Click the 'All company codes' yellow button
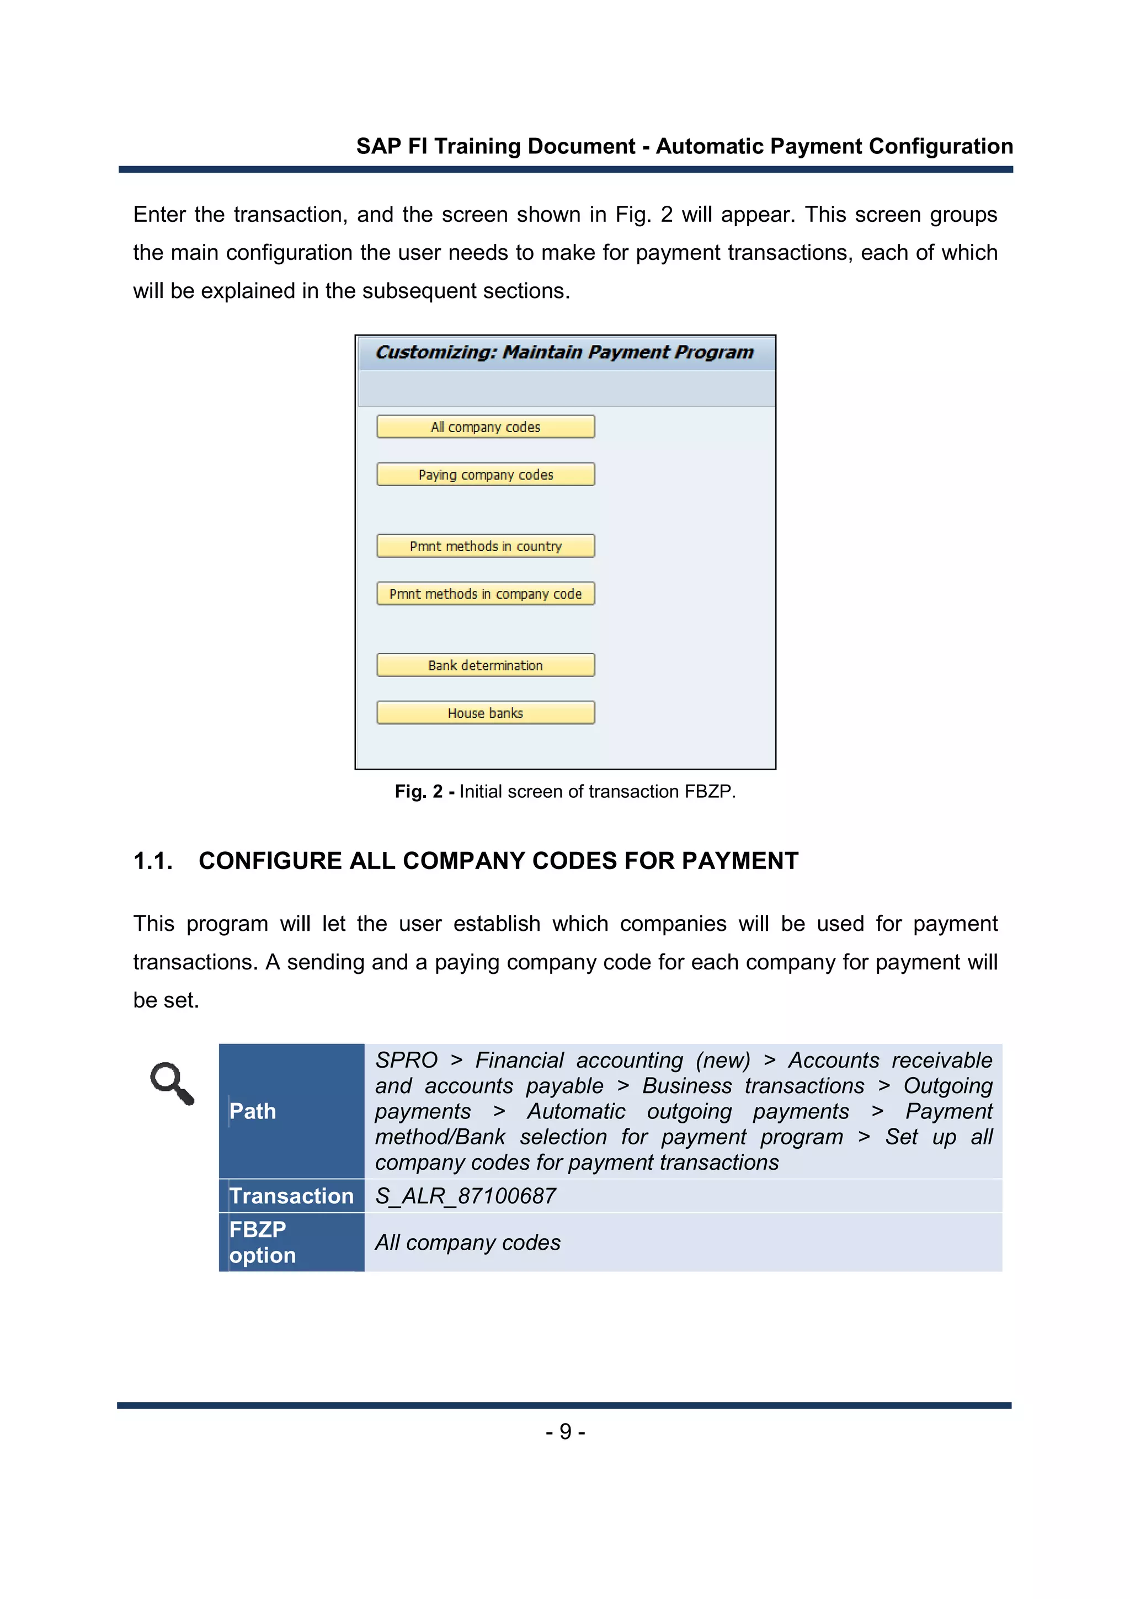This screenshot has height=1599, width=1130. [486, 427]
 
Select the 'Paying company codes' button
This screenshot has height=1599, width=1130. [486, 475]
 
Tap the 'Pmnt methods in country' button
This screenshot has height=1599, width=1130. [486, 546]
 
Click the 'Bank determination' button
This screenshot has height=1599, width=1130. [486, 665]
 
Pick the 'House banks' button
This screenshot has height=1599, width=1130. [486, 713]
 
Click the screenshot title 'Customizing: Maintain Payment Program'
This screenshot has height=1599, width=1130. [564, 353]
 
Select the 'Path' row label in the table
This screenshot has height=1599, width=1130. [253, 1111]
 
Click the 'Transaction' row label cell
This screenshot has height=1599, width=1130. [291, 1196]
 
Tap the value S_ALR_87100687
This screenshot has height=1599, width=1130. [465, 1196]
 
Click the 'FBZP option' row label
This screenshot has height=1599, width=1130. [263, 1243]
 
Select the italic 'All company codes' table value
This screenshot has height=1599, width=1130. [467, 1243]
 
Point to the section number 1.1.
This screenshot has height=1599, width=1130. [152, 861]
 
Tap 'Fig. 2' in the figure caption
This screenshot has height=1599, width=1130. [418, 792]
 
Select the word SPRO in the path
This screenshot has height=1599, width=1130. [406, 1060]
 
